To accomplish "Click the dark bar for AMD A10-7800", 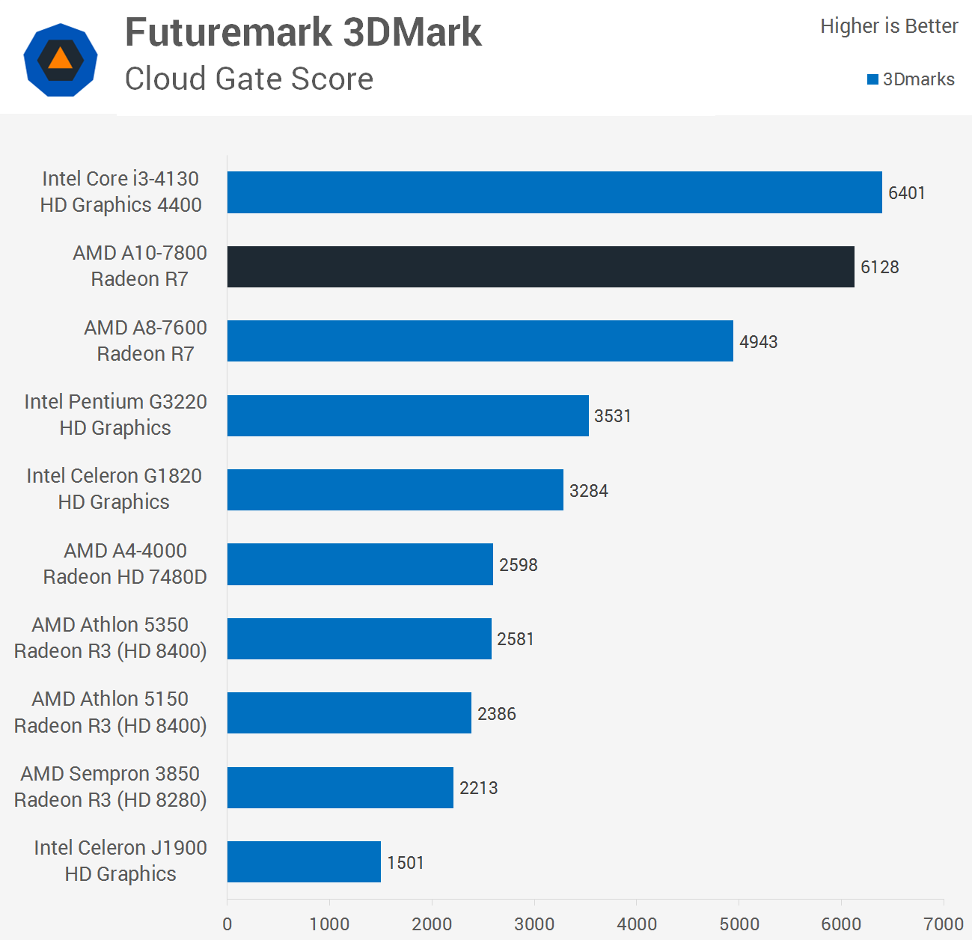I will click(x=540, y=266).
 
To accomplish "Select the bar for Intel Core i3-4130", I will click(x=554, y=192).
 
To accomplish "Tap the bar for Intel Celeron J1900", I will click(x=304, y=861).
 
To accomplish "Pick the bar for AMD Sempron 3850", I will click(x=340, y=787).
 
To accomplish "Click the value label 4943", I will click(x=758, y=342).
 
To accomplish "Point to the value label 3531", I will click(x=612, y=416).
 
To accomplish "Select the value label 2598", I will click(x=518, y=565).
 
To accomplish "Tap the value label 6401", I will click(x=906, y=193).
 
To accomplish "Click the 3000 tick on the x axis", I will click(x=534, y=924).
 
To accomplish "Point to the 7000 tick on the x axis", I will click(x=943, y=924).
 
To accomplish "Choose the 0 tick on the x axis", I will click(x=227, y=924).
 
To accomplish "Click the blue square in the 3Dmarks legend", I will click(x=872, y=79).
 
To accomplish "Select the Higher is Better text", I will click(x=888, y=26).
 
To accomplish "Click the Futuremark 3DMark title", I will click(x=303, y=32).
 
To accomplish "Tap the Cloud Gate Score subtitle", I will click(x=248, y=79).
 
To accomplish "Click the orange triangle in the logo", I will click(x=60, y=59).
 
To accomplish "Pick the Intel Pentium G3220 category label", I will click(x=115, y=415).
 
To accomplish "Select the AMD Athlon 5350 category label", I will click(x=110, y=638).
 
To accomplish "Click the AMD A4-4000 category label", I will click(x=125, y=564).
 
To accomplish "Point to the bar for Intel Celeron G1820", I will click(x=395, y=490).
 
